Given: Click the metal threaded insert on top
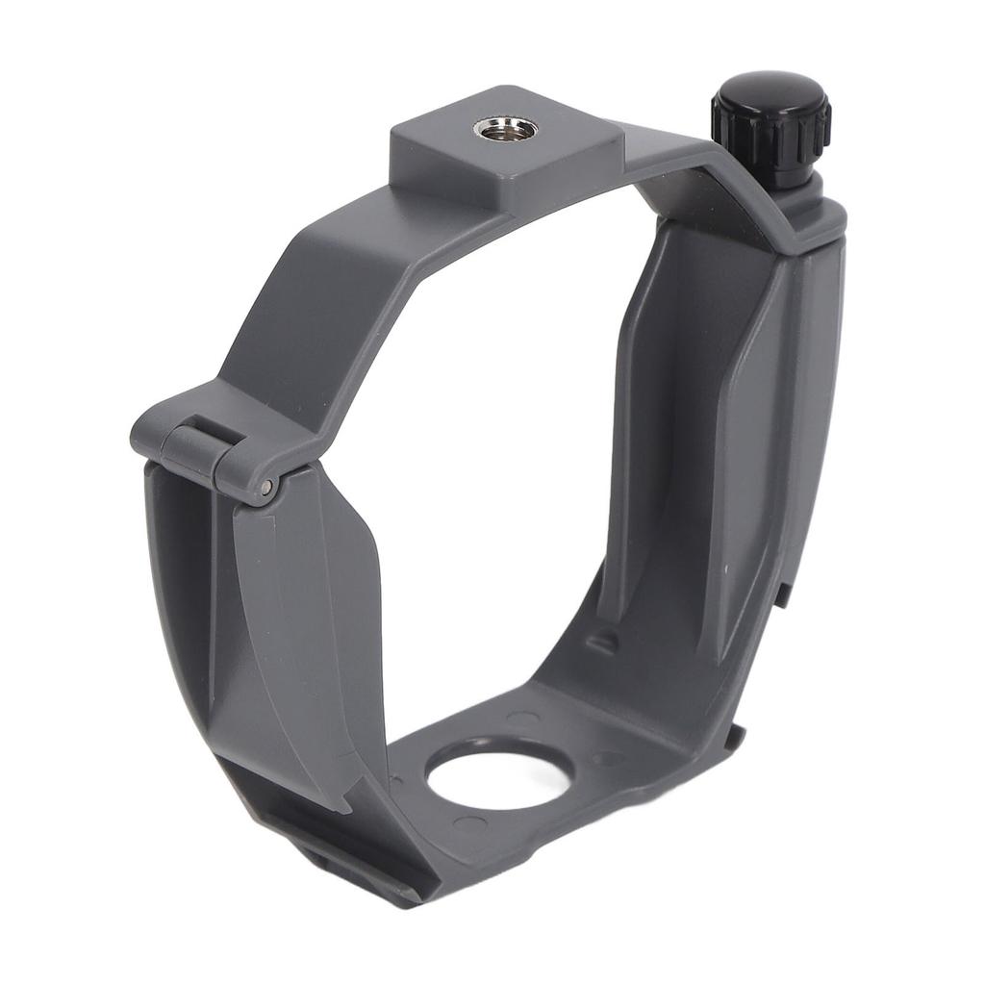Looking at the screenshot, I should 497,128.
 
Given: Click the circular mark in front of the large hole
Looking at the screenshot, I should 469,824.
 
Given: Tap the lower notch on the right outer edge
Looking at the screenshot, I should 735,736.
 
